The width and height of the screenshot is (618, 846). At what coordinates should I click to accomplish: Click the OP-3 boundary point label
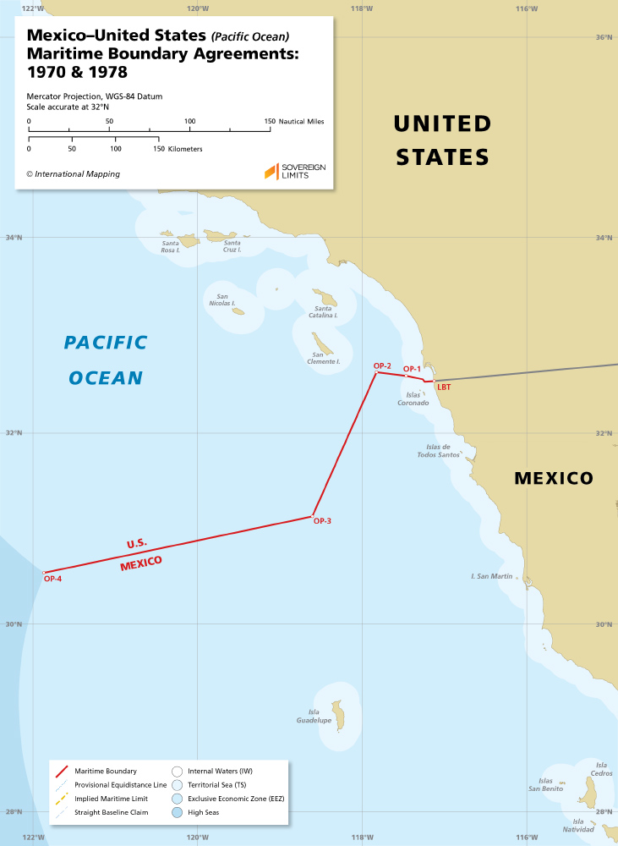[322, 521]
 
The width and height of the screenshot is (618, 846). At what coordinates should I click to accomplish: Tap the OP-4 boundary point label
[53, 579]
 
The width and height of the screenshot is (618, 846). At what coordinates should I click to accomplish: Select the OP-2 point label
[382, 365]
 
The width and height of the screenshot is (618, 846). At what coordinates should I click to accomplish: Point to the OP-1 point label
[412, 369]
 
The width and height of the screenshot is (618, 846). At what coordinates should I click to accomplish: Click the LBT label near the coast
[444, 387]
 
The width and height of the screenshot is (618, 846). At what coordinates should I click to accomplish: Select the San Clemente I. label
[325, 359]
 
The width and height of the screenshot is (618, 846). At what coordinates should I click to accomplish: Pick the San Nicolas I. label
[224, 300]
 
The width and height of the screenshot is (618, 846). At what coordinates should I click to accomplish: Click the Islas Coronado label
[413, 399]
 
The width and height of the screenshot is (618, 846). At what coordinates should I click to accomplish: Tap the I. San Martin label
[492, 576]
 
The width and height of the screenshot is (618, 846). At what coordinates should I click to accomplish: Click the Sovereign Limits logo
[295, 172]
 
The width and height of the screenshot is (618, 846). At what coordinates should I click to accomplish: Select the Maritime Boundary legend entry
[106, 772]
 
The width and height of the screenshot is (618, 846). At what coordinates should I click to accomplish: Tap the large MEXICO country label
[554, 479]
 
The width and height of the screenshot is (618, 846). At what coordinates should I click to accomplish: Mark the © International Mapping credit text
[73, 174]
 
